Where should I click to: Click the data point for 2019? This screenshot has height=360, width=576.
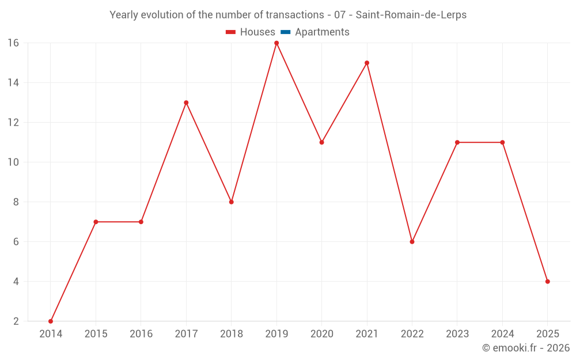(276, 43)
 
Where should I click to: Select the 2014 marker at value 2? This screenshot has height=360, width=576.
(51, 321)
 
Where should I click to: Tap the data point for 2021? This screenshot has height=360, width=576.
(367, 63)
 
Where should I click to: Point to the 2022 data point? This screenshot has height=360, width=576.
(412, 241)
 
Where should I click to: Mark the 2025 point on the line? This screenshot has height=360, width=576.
(547, 282)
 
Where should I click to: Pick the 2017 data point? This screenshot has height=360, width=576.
(186, 103)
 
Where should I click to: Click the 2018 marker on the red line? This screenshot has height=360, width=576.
(231, 202)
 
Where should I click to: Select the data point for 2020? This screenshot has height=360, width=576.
(321, 142)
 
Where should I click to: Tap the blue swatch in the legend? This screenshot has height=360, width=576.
(285, 32)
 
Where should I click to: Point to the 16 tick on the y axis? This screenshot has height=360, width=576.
(13, 43)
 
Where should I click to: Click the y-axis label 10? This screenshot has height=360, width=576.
(13, 162)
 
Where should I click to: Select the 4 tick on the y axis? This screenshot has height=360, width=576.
(16, 282)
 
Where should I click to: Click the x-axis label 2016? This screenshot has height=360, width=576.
(141, 334)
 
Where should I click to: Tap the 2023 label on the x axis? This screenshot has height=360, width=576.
(457, 334)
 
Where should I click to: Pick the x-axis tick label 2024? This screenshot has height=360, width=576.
(502, 334)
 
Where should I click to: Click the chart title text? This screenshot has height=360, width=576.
(288, 15)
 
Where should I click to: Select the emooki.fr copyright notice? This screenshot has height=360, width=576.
(525, 348)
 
